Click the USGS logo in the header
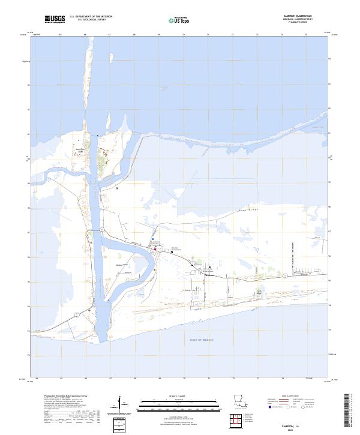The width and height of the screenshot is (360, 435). coord(55,19)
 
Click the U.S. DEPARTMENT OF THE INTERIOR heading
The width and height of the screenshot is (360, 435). coord(91,17)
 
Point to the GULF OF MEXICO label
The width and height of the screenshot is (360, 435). coord(205,340)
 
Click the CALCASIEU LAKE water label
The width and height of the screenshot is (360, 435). coord(162,89)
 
